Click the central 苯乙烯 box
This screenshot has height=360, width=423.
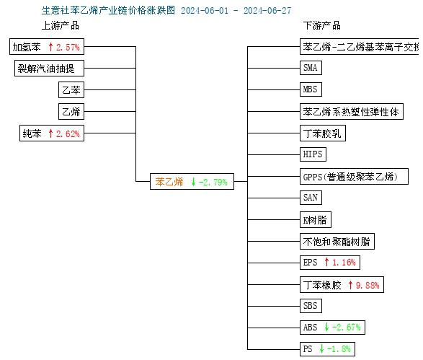[x=192, y=182]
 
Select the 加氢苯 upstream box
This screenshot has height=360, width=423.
[x=47, y=46]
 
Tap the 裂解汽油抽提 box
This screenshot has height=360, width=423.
[x=49, y=68]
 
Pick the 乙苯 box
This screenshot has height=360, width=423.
[x=71, y=89]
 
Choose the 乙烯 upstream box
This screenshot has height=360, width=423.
[x=71, y=111]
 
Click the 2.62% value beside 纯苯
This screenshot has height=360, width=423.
[x=68, y=133]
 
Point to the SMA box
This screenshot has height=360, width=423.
[x=311, y=68]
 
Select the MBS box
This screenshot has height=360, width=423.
[x=311, y=89]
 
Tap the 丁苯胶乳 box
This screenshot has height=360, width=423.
[x=323, y=133]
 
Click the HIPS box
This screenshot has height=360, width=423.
[x=313, y=154]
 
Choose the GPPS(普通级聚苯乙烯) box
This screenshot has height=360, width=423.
[x=354, y=177]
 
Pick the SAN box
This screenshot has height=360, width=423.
[x=311, y=198]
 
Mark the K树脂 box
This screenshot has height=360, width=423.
[x=316, y=220]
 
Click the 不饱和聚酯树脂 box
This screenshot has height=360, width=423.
[x=337, y=242]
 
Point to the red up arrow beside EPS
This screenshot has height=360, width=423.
[x=326, y=262]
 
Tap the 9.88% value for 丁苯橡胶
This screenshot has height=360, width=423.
[x=368, y=285]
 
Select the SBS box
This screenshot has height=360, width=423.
[x=311, y=306]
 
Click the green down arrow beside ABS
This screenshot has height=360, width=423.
[x=326, y=327]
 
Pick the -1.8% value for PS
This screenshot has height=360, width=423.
[x=339, y=348]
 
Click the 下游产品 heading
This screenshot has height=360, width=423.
[x=322, y=26]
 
